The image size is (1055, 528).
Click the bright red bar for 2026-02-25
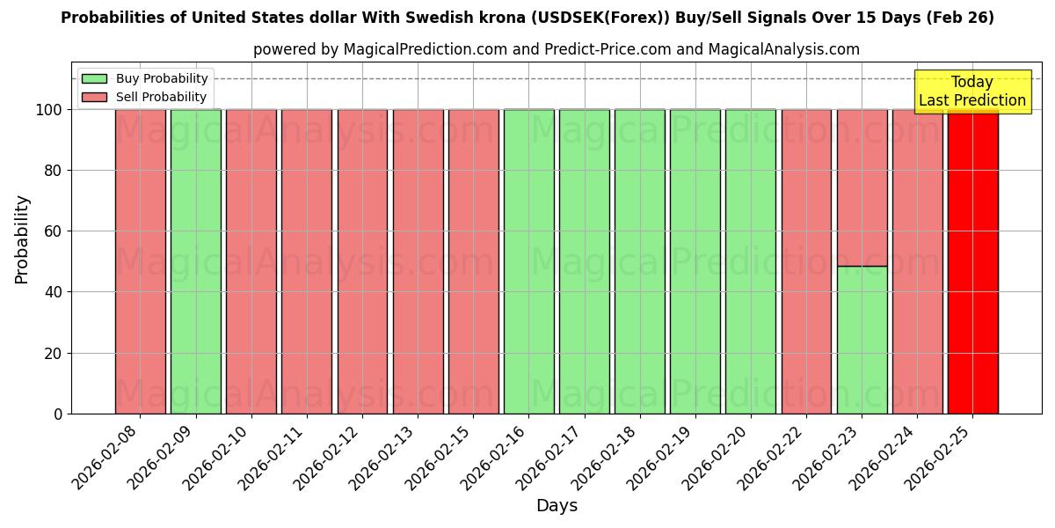point(972,264)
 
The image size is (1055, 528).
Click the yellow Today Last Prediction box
point(972,92)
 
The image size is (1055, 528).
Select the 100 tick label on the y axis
point(49,110)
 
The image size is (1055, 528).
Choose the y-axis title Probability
point(22,238)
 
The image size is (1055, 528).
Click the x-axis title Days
point(557,506)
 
